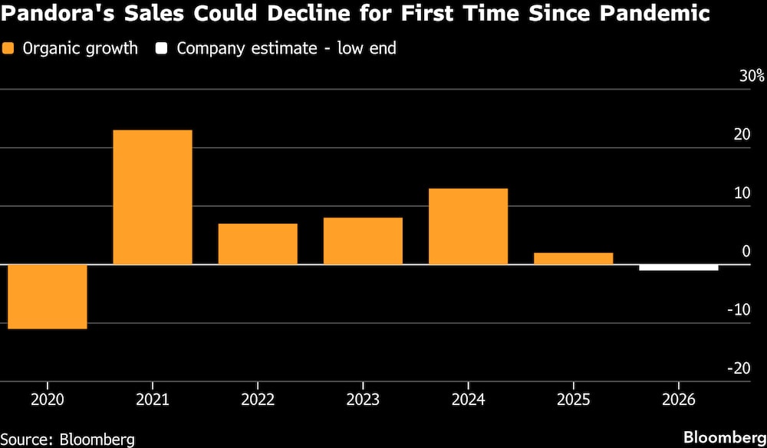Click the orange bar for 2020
coord(48,296)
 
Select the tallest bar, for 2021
coord(153,198)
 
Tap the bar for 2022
coord(258,244)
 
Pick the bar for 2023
coord(363,240)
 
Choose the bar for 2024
coord(468,226)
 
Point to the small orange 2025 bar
coord(573,258)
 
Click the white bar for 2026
coord(679,267)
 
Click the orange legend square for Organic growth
coord(8,48)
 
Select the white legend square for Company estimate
coord(161,48)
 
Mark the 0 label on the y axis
coord(746,251)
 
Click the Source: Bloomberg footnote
coord(67,438)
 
